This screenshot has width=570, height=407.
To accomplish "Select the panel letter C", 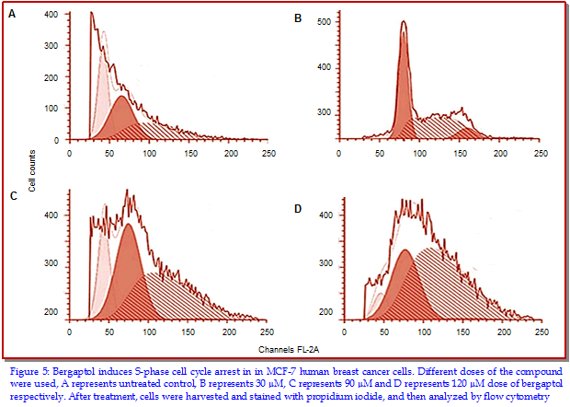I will click(13, 196).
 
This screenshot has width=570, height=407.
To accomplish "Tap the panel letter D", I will click(297, 209).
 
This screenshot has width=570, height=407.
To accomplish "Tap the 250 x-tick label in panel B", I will click(541, 152).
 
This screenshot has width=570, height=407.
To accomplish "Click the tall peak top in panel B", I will click(404, 22).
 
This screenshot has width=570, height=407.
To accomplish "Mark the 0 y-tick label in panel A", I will click(56, 140).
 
